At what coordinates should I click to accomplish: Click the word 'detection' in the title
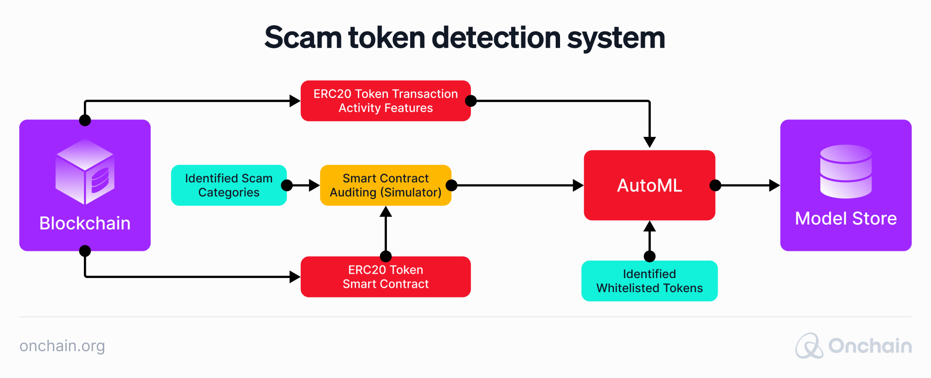496,38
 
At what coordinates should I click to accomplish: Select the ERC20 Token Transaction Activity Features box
385,101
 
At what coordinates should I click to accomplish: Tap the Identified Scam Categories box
228,185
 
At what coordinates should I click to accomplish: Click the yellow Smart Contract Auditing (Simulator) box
385,185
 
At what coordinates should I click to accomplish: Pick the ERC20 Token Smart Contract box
385,277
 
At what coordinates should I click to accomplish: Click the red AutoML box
649,185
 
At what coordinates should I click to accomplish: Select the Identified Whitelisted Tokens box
649,281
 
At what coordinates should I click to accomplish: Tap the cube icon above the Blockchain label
85,171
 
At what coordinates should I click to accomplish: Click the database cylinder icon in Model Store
846,171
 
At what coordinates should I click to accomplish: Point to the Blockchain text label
85,223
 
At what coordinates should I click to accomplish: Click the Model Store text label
846,218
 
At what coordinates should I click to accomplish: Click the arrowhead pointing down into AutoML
649,142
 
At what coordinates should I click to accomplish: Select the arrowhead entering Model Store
774,185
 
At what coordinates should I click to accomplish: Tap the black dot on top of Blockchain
85,120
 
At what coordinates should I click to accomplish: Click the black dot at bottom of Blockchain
85,251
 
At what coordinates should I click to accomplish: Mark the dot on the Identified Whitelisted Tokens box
649,256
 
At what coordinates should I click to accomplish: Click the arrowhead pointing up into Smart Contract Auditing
385,212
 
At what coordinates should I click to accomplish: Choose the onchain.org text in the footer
62,346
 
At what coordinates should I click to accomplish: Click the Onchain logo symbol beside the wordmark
809,346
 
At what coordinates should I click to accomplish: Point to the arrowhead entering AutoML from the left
578,185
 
